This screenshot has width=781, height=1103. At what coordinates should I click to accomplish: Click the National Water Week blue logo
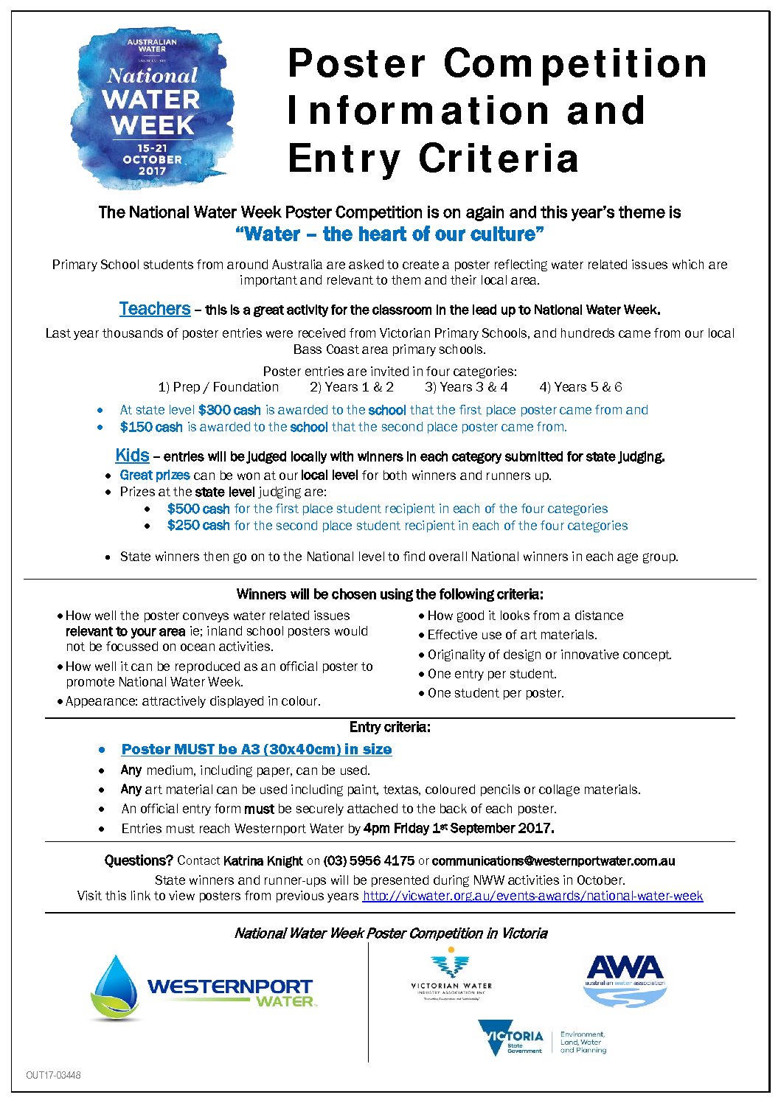pos(152,109)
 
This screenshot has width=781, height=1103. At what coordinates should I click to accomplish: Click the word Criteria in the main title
pos(499,158)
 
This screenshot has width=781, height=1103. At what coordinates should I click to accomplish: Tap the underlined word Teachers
pos(155,309)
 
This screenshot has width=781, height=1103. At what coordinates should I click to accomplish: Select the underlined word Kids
pos(132,456)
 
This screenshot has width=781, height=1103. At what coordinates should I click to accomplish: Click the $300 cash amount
pos(229,410)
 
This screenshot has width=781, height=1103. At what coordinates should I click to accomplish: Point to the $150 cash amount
pos(151,427)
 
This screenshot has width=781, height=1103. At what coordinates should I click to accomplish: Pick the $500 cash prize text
pos(198,509)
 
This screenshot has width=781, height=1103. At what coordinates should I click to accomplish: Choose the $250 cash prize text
pos(198,526)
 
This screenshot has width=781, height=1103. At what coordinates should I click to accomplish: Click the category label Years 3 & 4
pos(466,387)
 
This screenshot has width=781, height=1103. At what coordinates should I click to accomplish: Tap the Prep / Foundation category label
pos(218,387)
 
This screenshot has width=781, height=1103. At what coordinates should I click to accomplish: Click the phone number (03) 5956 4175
pos(369,860)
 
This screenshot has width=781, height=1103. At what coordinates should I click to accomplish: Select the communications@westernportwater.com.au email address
pos(553,860)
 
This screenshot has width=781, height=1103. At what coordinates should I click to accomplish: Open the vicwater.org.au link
pos(532,896)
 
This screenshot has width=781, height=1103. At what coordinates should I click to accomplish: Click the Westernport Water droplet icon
pos(116,988)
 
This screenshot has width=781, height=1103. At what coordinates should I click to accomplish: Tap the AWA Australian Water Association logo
pos(625,981)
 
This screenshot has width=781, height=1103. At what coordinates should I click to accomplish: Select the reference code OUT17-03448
pos(53,1075)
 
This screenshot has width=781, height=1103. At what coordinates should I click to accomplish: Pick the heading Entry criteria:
pos(390,727)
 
